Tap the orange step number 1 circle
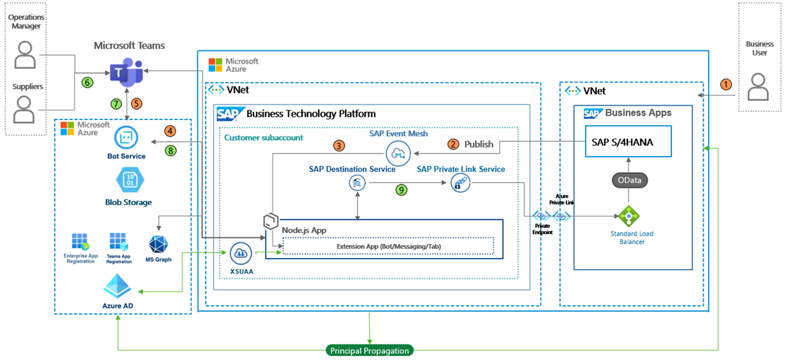726,84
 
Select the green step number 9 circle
402,190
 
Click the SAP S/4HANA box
628,142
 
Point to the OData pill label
629,181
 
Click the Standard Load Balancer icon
627,216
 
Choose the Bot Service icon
126,137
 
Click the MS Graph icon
159,246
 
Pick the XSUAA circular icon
241,252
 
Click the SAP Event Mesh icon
398,154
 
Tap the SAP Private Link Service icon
460,183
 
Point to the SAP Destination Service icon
357,184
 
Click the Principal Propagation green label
370,350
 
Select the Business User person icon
759,86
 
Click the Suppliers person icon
25,110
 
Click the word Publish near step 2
479,144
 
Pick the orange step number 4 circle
170,131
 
